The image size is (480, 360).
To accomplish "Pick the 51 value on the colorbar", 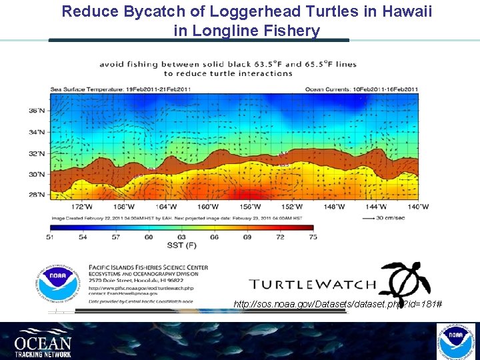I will [51, 237].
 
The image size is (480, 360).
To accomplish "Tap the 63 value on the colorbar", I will [182, 237].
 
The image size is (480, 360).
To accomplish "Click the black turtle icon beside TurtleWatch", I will [404, 280].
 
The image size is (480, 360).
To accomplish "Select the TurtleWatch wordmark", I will [313, 284].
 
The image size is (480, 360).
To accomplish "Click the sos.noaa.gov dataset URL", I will [337, 304].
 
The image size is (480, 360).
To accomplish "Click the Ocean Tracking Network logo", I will [43, 341].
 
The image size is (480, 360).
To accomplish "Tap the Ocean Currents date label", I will [362, 89].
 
